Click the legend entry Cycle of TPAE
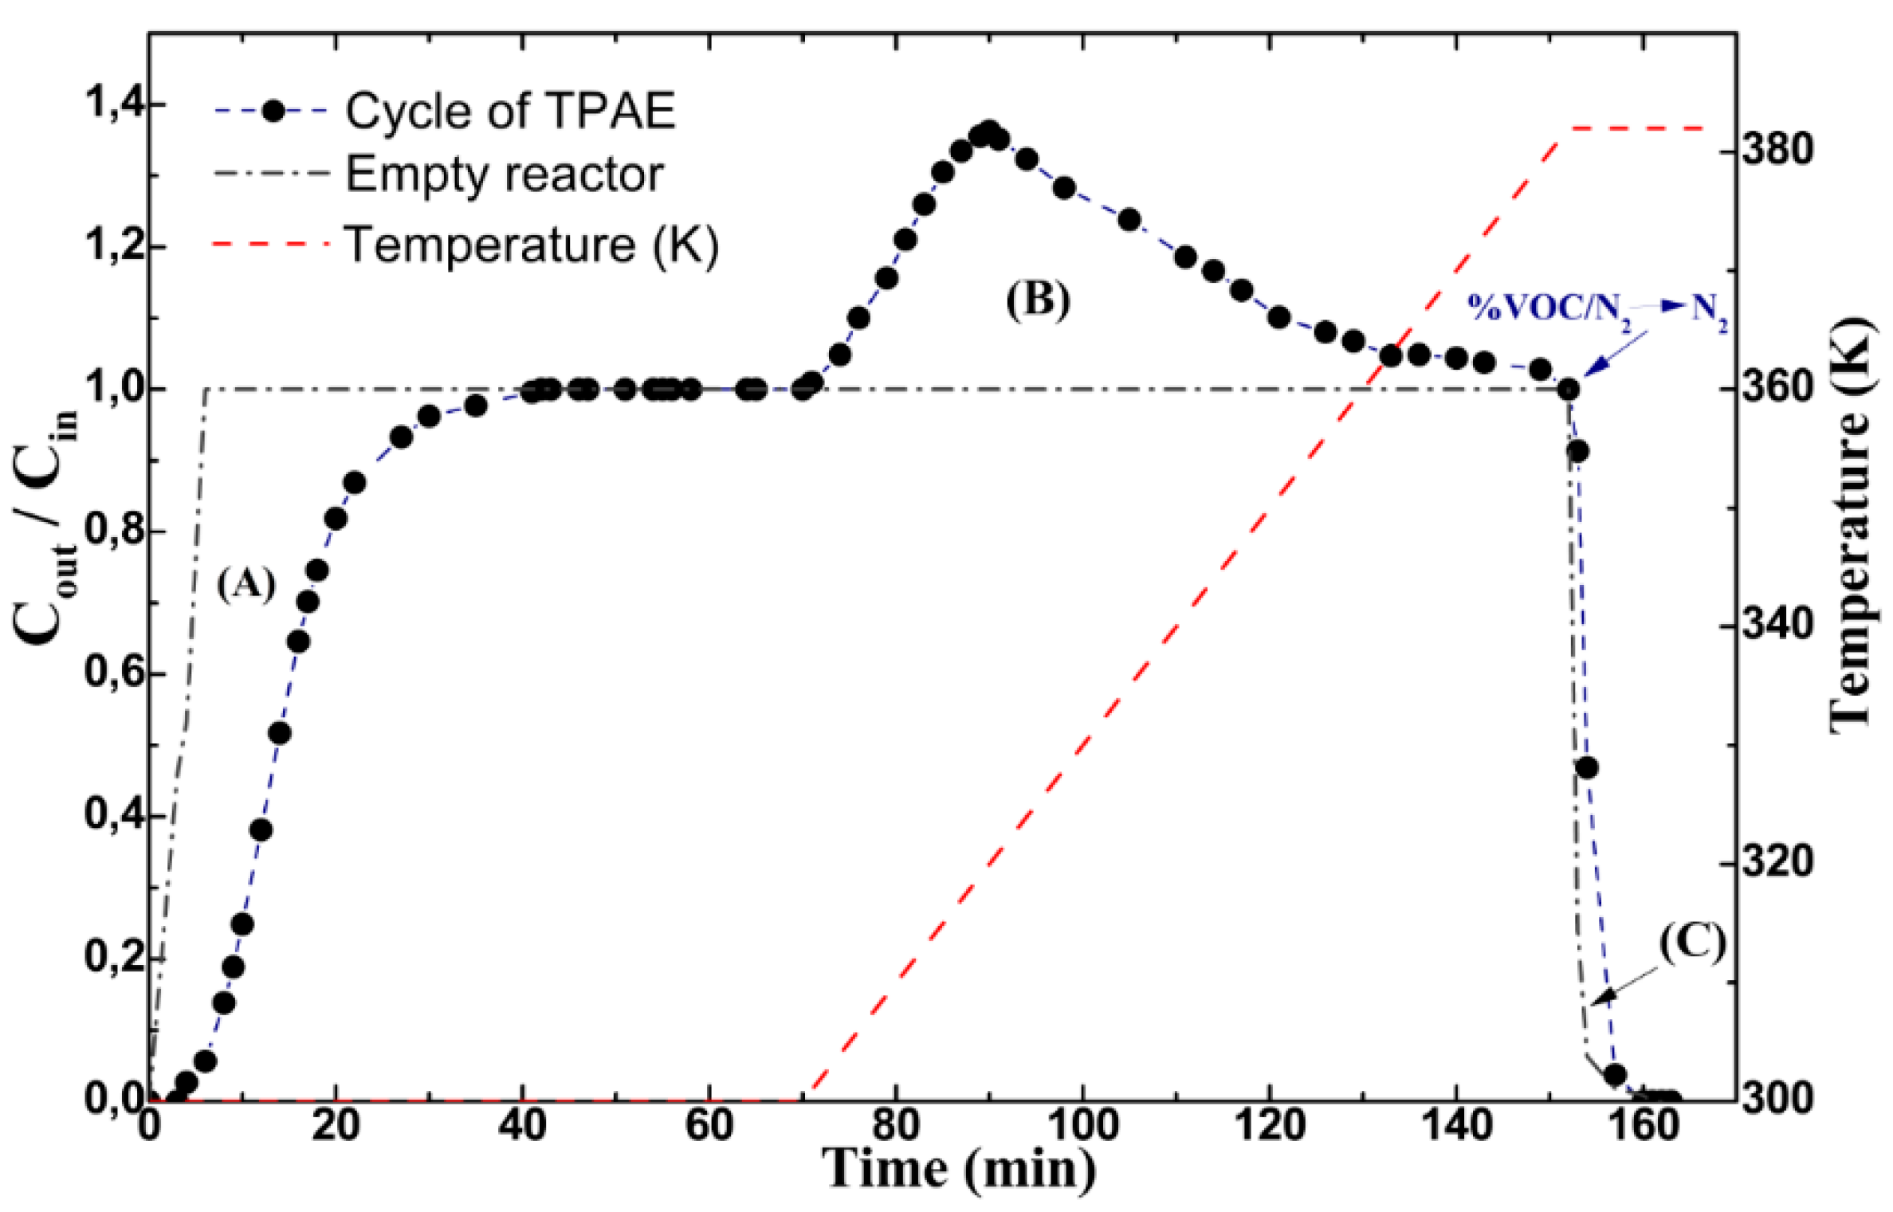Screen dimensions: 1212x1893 [509, 111]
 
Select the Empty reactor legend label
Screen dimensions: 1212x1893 [504, 175]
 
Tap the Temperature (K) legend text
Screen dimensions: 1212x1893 [531, 244]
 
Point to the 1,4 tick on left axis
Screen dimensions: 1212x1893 [110, 104]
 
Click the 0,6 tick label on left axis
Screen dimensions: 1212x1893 [110, 673]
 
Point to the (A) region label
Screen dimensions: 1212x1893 [245, 585]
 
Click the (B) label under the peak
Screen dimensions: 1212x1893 [1038, 301]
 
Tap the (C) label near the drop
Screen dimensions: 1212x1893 [1692, 943]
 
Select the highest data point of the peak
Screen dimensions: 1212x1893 [989, 131]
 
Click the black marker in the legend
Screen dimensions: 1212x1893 [273, 111]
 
